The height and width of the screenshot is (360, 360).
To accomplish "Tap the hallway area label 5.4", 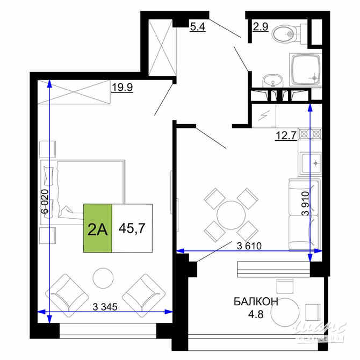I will (x=197, y=25).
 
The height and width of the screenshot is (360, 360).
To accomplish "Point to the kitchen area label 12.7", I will (x=285, y=135).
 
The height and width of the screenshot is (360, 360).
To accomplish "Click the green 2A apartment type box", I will (x=97, y=228).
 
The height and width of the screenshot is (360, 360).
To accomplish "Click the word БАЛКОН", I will (x=256, y=302).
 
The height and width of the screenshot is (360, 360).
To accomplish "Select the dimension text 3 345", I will (x=105, y=307).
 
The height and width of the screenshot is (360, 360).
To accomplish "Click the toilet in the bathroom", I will (x=285, y=34).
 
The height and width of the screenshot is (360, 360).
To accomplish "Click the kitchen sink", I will (x=309, y=163).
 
